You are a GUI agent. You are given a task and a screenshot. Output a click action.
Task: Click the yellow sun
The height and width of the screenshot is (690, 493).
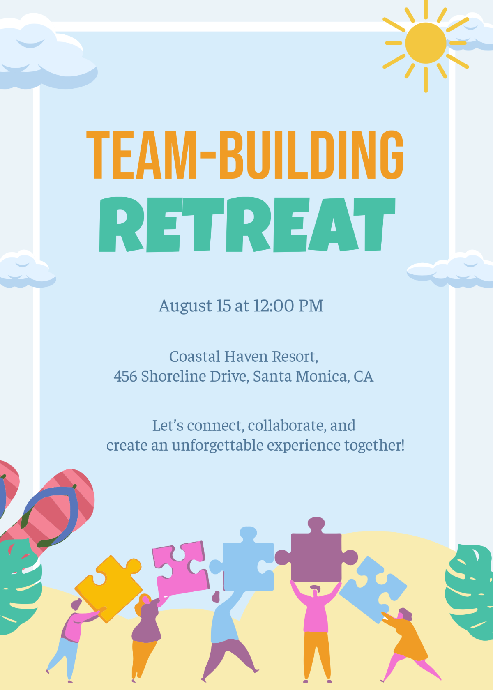coord(426,43)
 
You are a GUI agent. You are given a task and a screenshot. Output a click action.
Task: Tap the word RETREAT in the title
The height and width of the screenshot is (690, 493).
coord(246,224)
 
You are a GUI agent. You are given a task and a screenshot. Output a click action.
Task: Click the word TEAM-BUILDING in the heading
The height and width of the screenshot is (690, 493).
coord(245,155)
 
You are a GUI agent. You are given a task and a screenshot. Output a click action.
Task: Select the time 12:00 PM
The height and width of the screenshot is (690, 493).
coord(288,306)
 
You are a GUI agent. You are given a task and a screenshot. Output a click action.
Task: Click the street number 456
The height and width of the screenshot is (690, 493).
coord(125,376)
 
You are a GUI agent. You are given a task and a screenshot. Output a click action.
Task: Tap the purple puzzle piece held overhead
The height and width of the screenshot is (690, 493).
coord(316,554)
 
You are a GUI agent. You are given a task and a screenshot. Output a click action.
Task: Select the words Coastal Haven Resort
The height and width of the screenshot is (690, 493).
coord(243,356)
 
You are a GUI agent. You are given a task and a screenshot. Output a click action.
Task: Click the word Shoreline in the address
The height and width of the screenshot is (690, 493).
coord(173,376)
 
